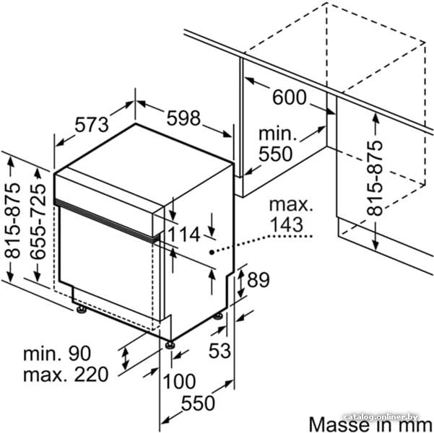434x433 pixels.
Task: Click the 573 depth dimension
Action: (x=92, y=125)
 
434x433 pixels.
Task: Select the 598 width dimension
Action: (x=183, y=118)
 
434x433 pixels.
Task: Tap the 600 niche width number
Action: (x=290, y=97)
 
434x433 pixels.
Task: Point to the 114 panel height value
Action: (x=184, y=235)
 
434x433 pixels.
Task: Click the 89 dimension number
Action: (x=258, y=280)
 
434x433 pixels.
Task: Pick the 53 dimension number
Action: (x=220, y=351)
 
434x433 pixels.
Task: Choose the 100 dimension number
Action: (x=179, y=381)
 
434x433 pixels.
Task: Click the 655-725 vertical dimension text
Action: (x=38, y=221)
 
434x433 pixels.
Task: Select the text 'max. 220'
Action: (x=66, y=375)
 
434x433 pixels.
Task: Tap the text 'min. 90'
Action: (x=57, y=353)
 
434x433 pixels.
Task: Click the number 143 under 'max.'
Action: (x=286, y=224)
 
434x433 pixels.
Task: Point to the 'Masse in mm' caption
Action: (x=370, y=424)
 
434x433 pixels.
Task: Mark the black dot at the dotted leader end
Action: (x=212, y=252)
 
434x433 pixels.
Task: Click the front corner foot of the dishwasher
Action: (x=170, y=345)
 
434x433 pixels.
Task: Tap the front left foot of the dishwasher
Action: (x=82, y=310)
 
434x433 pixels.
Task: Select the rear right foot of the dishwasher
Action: (x=218, y=315)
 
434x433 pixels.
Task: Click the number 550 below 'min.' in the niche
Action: (x=275, y=154)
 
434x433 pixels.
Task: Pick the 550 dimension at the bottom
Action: (x=198, y=403)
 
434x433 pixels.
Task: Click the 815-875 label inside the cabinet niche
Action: (x=375, y=178)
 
